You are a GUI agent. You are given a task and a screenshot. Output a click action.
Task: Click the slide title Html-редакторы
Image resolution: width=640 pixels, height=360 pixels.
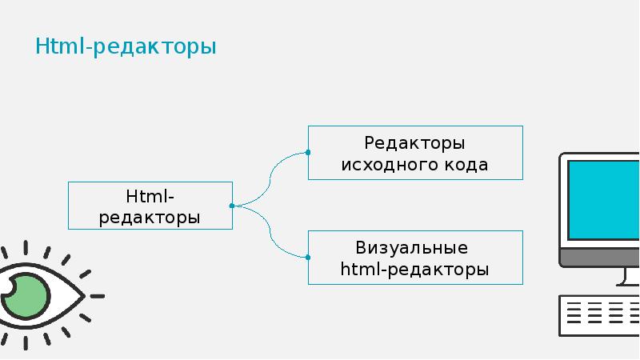coord(126,46)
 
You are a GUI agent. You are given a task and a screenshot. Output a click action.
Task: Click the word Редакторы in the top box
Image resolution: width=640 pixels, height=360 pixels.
coord(414,143)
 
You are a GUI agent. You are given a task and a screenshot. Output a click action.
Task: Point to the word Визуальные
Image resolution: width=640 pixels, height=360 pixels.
coord(414,247)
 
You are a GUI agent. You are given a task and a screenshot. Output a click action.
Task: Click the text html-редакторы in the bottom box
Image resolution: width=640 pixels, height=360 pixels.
coord(414,270)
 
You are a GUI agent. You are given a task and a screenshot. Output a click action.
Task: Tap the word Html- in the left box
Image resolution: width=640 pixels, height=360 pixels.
coord(150,195)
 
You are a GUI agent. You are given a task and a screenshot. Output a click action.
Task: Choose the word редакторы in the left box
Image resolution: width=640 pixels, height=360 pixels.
coord(150,217)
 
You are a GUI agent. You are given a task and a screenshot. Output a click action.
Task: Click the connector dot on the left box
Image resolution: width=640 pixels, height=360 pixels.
coord(232,206)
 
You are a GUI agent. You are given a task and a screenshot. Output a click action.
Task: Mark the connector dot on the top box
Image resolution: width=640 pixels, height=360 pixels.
coord(309,152)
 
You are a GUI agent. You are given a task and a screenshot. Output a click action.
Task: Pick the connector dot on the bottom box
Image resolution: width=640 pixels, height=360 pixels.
coord(309,258)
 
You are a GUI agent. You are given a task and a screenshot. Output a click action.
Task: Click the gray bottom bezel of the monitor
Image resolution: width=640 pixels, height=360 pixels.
coord(600,258)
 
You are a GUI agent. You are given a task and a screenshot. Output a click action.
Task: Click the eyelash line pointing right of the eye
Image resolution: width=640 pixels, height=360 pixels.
coord(96,296)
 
